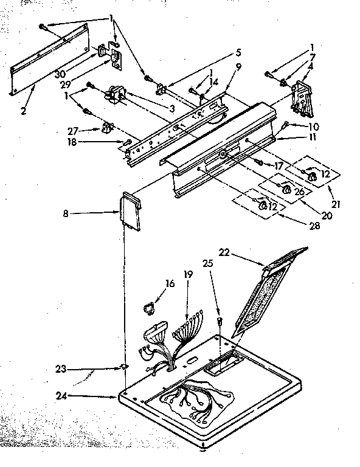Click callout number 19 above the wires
[188, 274]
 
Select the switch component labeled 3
[114, 97]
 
